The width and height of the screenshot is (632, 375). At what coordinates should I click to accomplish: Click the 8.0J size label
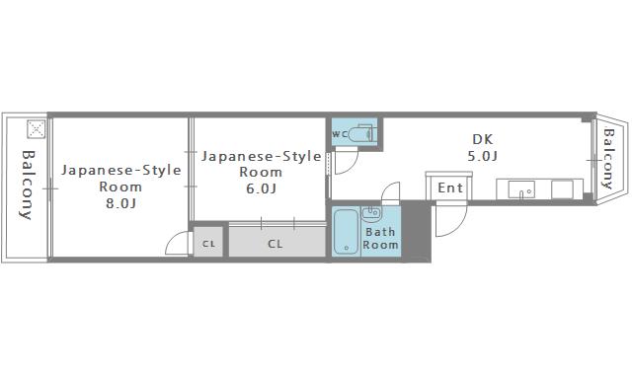(119, 204)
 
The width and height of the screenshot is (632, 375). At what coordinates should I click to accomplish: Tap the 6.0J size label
(261, 188)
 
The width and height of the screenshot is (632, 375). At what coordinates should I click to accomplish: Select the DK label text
(482, 139)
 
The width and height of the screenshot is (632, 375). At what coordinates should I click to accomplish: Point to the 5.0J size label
(482, 156)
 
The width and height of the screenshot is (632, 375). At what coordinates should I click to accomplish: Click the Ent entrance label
(450, 187)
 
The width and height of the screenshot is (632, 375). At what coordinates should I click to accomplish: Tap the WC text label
(338, 133)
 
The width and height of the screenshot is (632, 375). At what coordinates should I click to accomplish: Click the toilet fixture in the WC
(361, 132)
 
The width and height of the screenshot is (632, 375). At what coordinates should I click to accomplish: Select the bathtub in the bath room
(346, 233)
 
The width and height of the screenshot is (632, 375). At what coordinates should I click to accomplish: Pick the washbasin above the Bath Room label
(371, 213)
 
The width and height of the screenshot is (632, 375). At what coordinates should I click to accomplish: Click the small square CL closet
(209, 243)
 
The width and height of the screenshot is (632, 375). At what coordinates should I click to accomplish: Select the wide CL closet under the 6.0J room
(276, 243)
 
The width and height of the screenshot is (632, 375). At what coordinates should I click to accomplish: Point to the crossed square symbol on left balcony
(36, 129)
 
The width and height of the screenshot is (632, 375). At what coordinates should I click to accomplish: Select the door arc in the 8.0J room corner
(178, 244)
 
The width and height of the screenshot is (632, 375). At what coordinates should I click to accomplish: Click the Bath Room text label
(381, 239)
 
